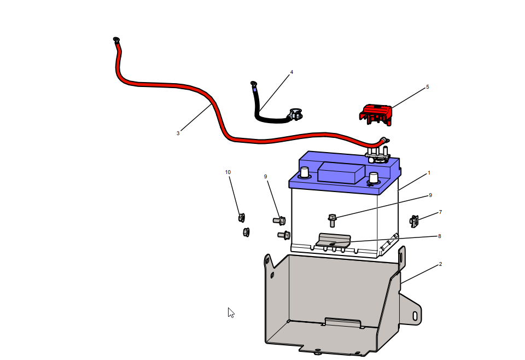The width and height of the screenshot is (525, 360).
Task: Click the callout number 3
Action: coord(178,133)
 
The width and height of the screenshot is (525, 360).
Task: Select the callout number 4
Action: coord(291,72)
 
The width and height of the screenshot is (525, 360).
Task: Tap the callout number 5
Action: coord(427,87)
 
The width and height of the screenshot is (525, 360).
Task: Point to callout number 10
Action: coord(227,172)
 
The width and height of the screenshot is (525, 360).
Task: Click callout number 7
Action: coord(440,212)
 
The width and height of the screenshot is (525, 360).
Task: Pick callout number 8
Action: coord(439,236)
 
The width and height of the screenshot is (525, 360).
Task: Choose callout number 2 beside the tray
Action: coord(440,264)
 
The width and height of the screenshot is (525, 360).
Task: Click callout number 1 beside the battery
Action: coord(429,173)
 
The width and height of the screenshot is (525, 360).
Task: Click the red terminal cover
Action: coord(376,114)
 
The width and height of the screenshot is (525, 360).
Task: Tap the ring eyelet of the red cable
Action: coord(116,39)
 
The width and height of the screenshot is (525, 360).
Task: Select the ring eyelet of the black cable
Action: coord(253,83)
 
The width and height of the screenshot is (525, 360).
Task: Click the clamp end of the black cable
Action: coord(295,114)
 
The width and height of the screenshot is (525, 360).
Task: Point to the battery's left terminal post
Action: coord(305,173)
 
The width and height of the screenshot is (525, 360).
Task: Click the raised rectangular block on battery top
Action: coord(341,173)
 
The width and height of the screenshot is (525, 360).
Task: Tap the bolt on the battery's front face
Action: coord(332,220)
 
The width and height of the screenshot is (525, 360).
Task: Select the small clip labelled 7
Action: coord(414,221)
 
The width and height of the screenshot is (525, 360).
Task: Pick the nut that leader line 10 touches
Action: coord(242,218)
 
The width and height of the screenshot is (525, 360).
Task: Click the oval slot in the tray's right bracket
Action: coord(415,316)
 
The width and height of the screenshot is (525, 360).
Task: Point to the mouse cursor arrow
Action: coord(231,312)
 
